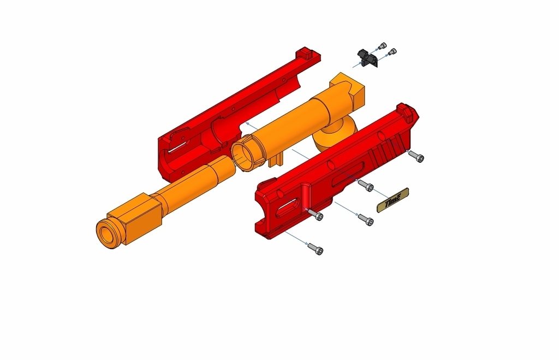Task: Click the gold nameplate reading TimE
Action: point(393,200)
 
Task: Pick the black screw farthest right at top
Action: point(393,52)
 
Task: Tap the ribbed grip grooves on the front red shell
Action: point(390,147)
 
